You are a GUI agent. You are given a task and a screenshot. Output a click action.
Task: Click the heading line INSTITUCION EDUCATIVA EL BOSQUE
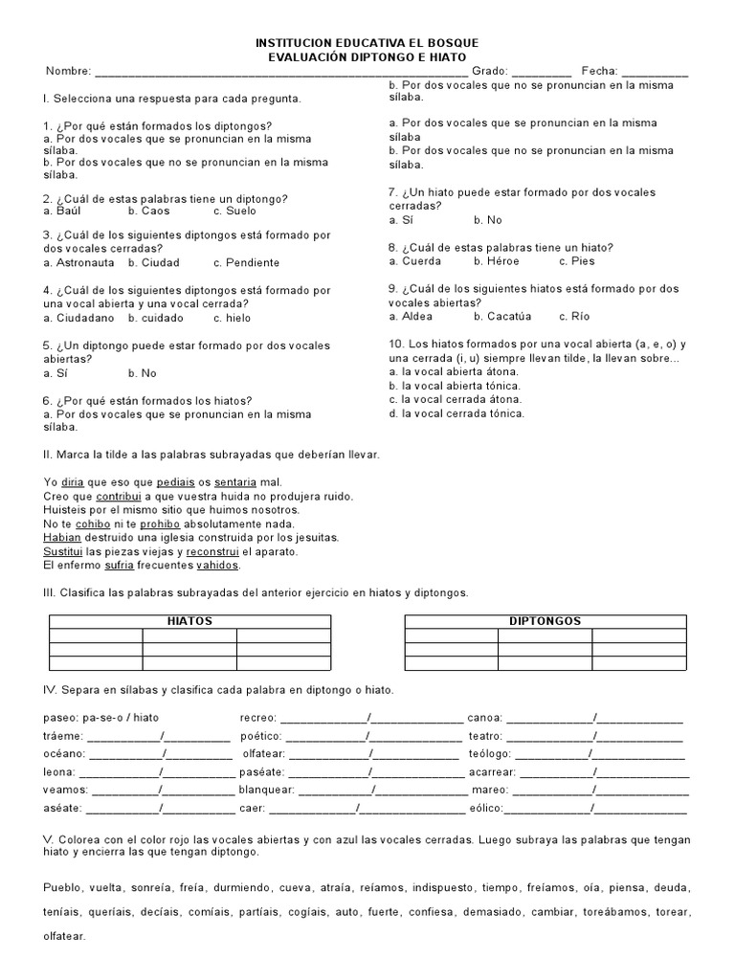pos(367,44)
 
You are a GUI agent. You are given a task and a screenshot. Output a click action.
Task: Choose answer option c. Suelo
pos(234,211)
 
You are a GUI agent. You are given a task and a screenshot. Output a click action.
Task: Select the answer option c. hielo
pos(233,318)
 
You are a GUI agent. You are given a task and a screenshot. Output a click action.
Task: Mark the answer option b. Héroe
pos(496,260)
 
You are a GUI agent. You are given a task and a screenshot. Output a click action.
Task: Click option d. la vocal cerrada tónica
pos(457,413)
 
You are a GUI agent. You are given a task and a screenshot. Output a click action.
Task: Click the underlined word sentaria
pos(235,482)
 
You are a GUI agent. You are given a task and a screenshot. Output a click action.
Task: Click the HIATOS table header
pos(189,621)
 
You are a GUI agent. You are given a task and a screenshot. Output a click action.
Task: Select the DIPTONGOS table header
pos(546,621)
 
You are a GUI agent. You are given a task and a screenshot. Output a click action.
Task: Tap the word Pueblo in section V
pos(63,887)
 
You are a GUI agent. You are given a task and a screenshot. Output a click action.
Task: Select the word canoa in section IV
pos(485,718)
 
